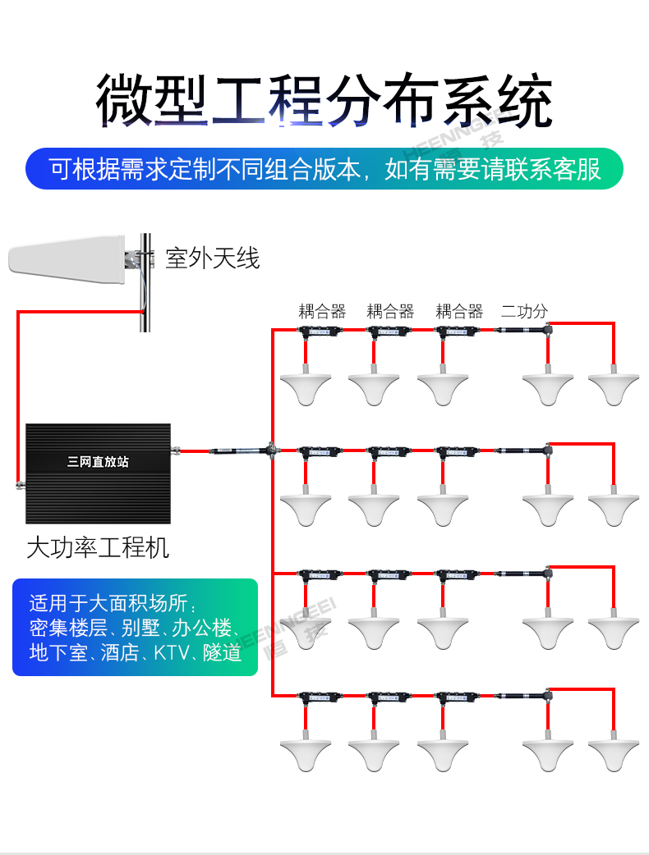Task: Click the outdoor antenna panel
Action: pos(66,259)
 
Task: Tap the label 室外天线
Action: pos(212,258)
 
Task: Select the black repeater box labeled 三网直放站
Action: pos(98,473)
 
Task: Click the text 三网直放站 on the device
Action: pos(98,462)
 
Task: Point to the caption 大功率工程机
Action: pos(98,547)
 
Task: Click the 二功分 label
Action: pos(524,311)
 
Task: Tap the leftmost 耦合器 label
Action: pos(322,311)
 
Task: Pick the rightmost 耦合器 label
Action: pos(459,311)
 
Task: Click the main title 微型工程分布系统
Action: pos(324,101)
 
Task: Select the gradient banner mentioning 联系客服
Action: pos(324,169)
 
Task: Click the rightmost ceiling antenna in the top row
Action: pos(613,388)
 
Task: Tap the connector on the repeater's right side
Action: pos(176,450)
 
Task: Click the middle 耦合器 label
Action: pos(390,311)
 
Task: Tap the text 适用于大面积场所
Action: pos(112,603)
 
